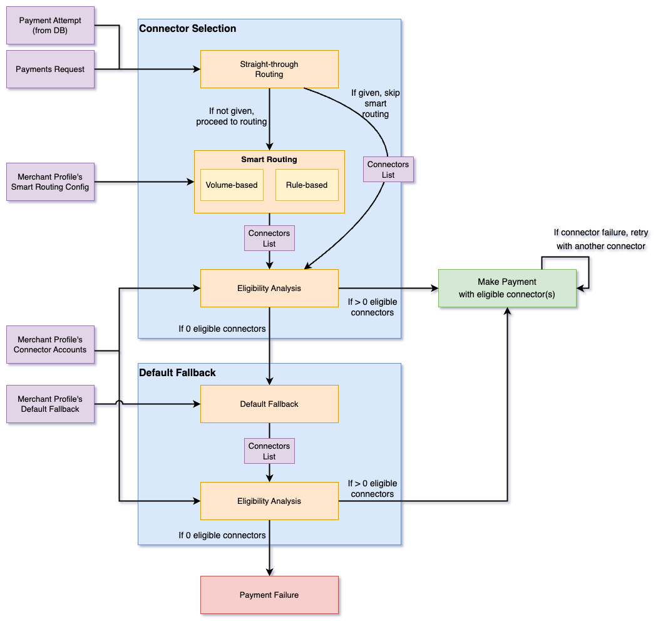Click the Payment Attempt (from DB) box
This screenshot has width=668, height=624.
pyautogui.click(x=50, y=25)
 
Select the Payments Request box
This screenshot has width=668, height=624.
pyautogui.click(x=50, y=69)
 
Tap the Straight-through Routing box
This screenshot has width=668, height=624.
pyautogui.click(x=269, y=69)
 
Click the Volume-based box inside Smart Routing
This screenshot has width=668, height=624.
pyautogui.click(x=232, y=185)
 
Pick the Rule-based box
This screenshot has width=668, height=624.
pyautogui.click(x=307, y=185)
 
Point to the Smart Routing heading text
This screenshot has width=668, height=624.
pyautogui.click(x=269, y=160)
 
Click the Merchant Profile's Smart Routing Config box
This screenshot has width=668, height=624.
pyautogui.click(x=50, y=182)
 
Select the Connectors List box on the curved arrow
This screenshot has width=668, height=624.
pyautogui.click(x=388, y=170)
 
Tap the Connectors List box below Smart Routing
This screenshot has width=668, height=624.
pyautogui.click(x=269, y=238)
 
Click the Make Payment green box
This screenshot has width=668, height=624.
pyautogui.click(x=507, y=288)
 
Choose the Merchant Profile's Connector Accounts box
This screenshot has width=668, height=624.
pyautogui.click(x=50, y=344)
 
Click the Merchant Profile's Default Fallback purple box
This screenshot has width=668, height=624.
pyautogui.click(x=50, y=404)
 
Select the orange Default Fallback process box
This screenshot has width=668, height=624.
pyautogui.click(x=269, y=404)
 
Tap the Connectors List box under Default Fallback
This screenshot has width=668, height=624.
pyautogui.click(x=269, y=451)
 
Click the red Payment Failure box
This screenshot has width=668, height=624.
pyautogui.click(x=269, y=595)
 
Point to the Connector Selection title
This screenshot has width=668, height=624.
pyautogui.click(x=188, y=29)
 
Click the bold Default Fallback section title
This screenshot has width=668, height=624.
pyautogui.click(x=177, y=373)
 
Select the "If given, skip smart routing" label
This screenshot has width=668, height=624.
pyautogui.click(x=376, y=103)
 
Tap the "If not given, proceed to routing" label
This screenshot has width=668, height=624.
pyautogui.click(x=232, y=116)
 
